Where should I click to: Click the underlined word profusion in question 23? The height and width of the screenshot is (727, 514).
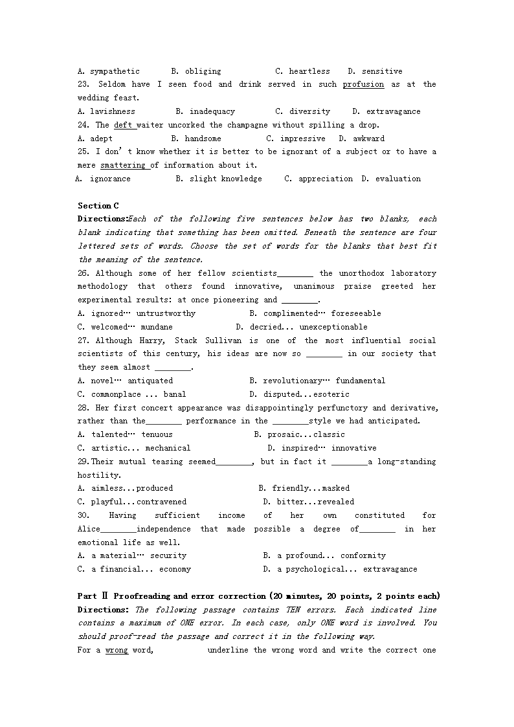[363, 84]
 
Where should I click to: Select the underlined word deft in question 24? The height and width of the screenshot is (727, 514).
[122, 125]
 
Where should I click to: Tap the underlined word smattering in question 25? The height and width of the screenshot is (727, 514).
[123, 165]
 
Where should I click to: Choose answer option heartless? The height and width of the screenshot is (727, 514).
[309, 71]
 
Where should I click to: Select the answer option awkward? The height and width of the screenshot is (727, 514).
[368, 139]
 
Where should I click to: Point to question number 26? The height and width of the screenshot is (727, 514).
[84, 273]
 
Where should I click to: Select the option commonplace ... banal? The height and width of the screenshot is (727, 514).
[138, 394]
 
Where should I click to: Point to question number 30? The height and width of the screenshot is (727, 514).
[84, 515]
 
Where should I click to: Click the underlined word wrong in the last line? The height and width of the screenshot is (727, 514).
[117, 650]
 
